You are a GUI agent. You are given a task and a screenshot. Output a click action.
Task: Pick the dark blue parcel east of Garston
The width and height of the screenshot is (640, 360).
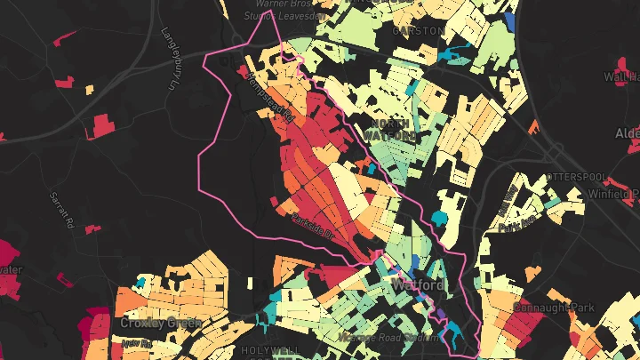click(x=509, y=20)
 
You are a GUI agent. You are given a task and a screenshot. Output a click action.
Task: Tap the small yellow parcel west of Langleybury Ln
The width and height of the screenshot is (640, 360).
click(x=90, y=88)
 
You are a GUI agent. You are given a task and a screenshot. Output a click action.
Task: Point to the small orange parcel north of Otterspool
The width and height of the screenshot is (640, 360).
click(x=534, y=127)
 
